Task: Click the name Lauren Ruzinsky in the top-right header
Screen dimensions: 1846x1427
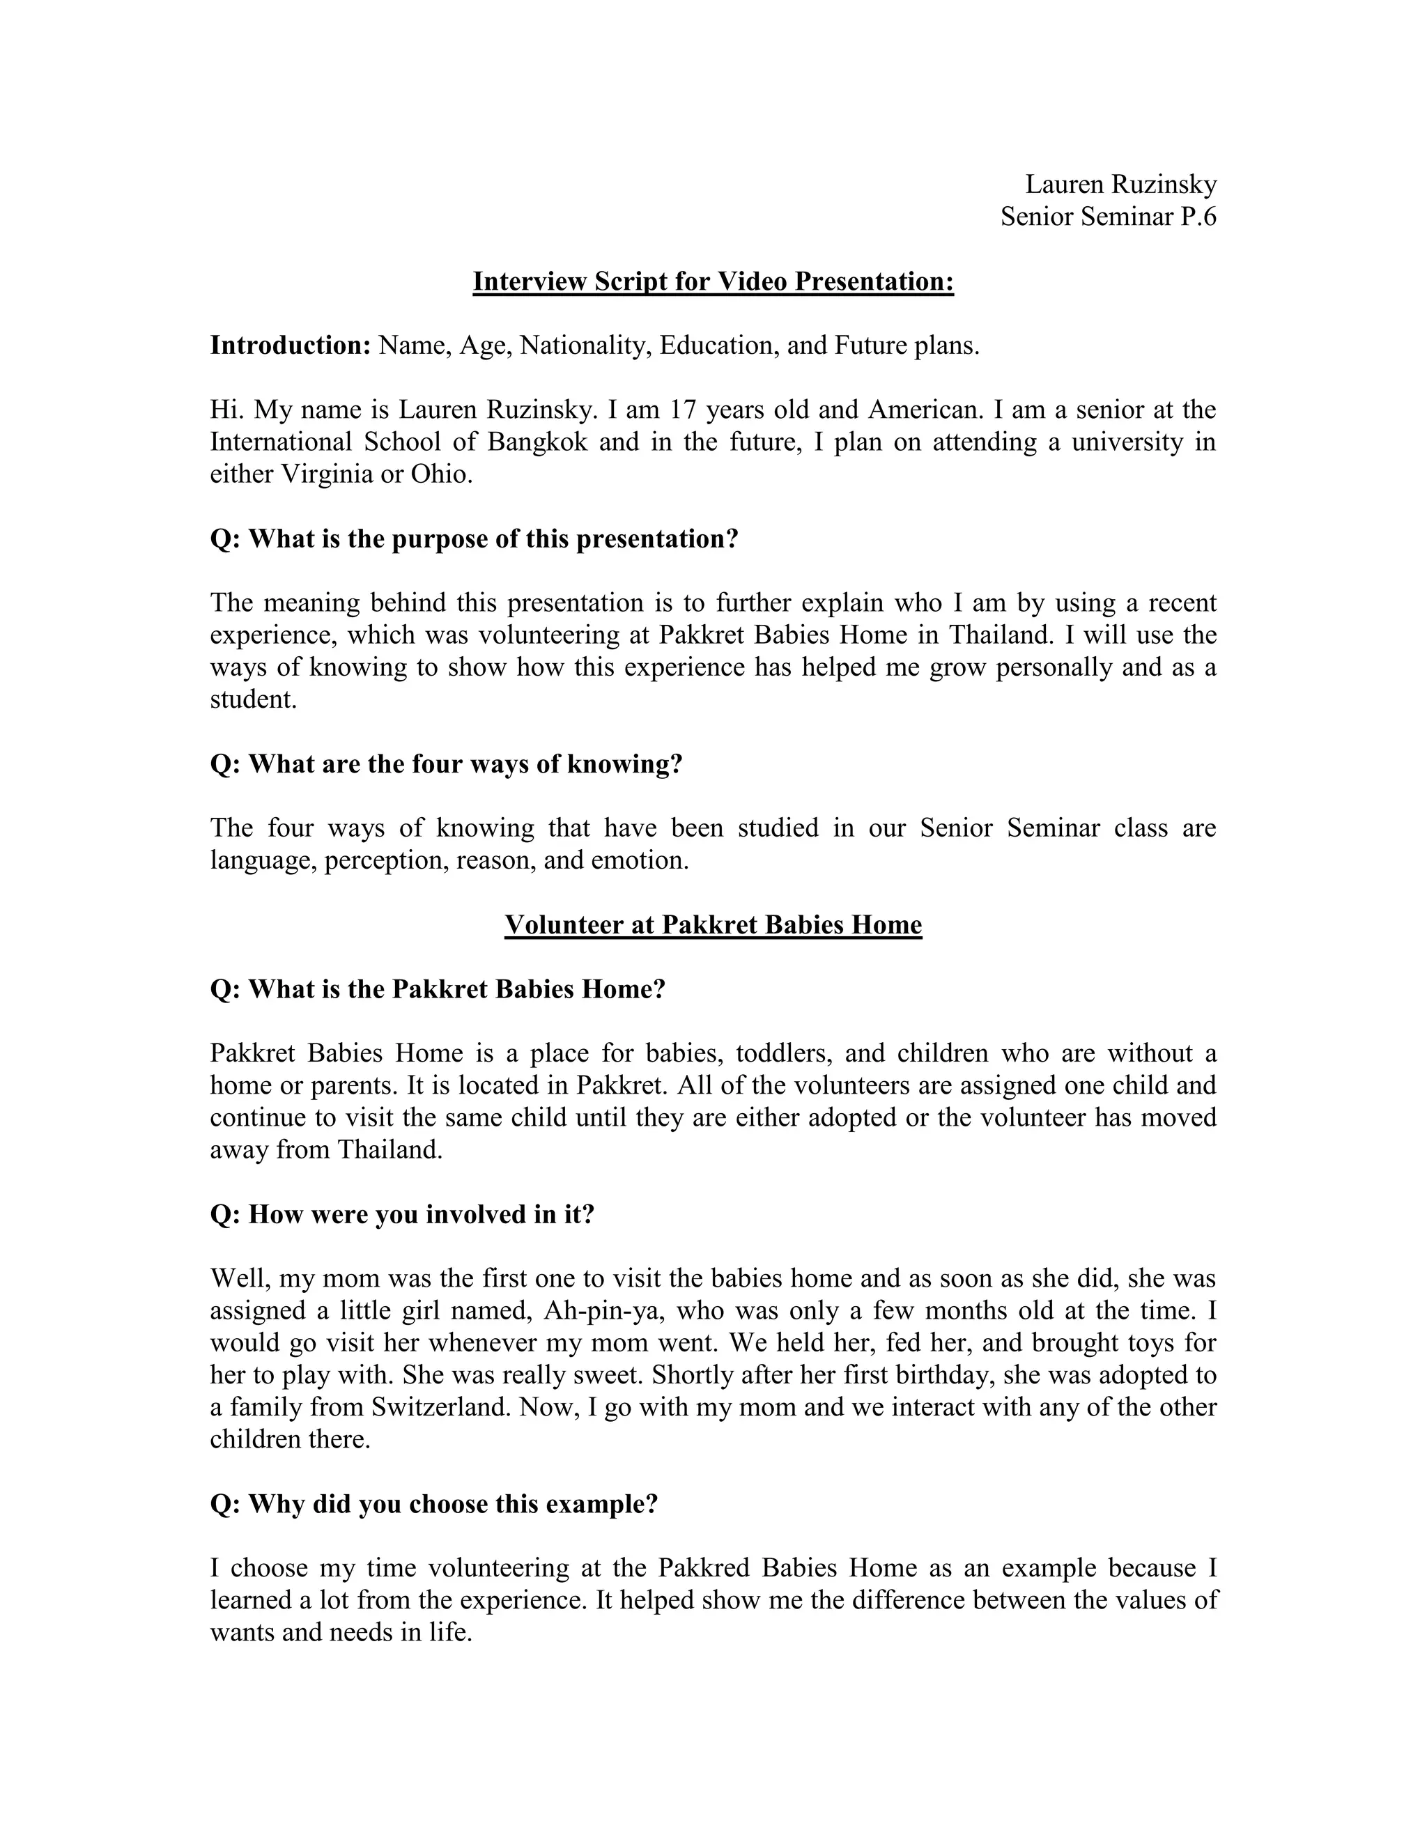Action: click(x=1120, y=185)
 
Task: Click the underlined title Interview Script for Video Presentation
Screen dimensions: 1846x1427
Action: click(x=713, y=281)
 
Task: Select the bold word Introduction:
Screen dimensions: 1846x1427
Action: click(x=291, y=346)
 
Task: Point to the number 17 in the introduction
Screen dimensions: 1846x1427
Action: click(x=683, y=410)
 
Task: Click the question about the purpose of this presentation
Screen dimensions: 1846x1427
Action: click(x=475, y=538)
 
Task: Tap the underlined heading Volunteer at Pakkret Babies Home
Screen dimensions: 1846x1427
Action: click(x=713, y=924)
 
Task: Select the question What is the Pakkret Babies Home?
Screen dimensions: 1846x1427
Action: click(x=438, y=989)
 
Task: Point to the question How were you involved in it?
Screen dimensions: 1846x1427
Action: click(x=403, y=1215)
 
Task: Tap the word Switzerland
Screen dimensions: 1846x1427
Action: click(x=441, y=1407)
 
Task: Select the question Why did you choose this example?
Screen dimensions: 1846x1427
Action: click(x=433, y=1504)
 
